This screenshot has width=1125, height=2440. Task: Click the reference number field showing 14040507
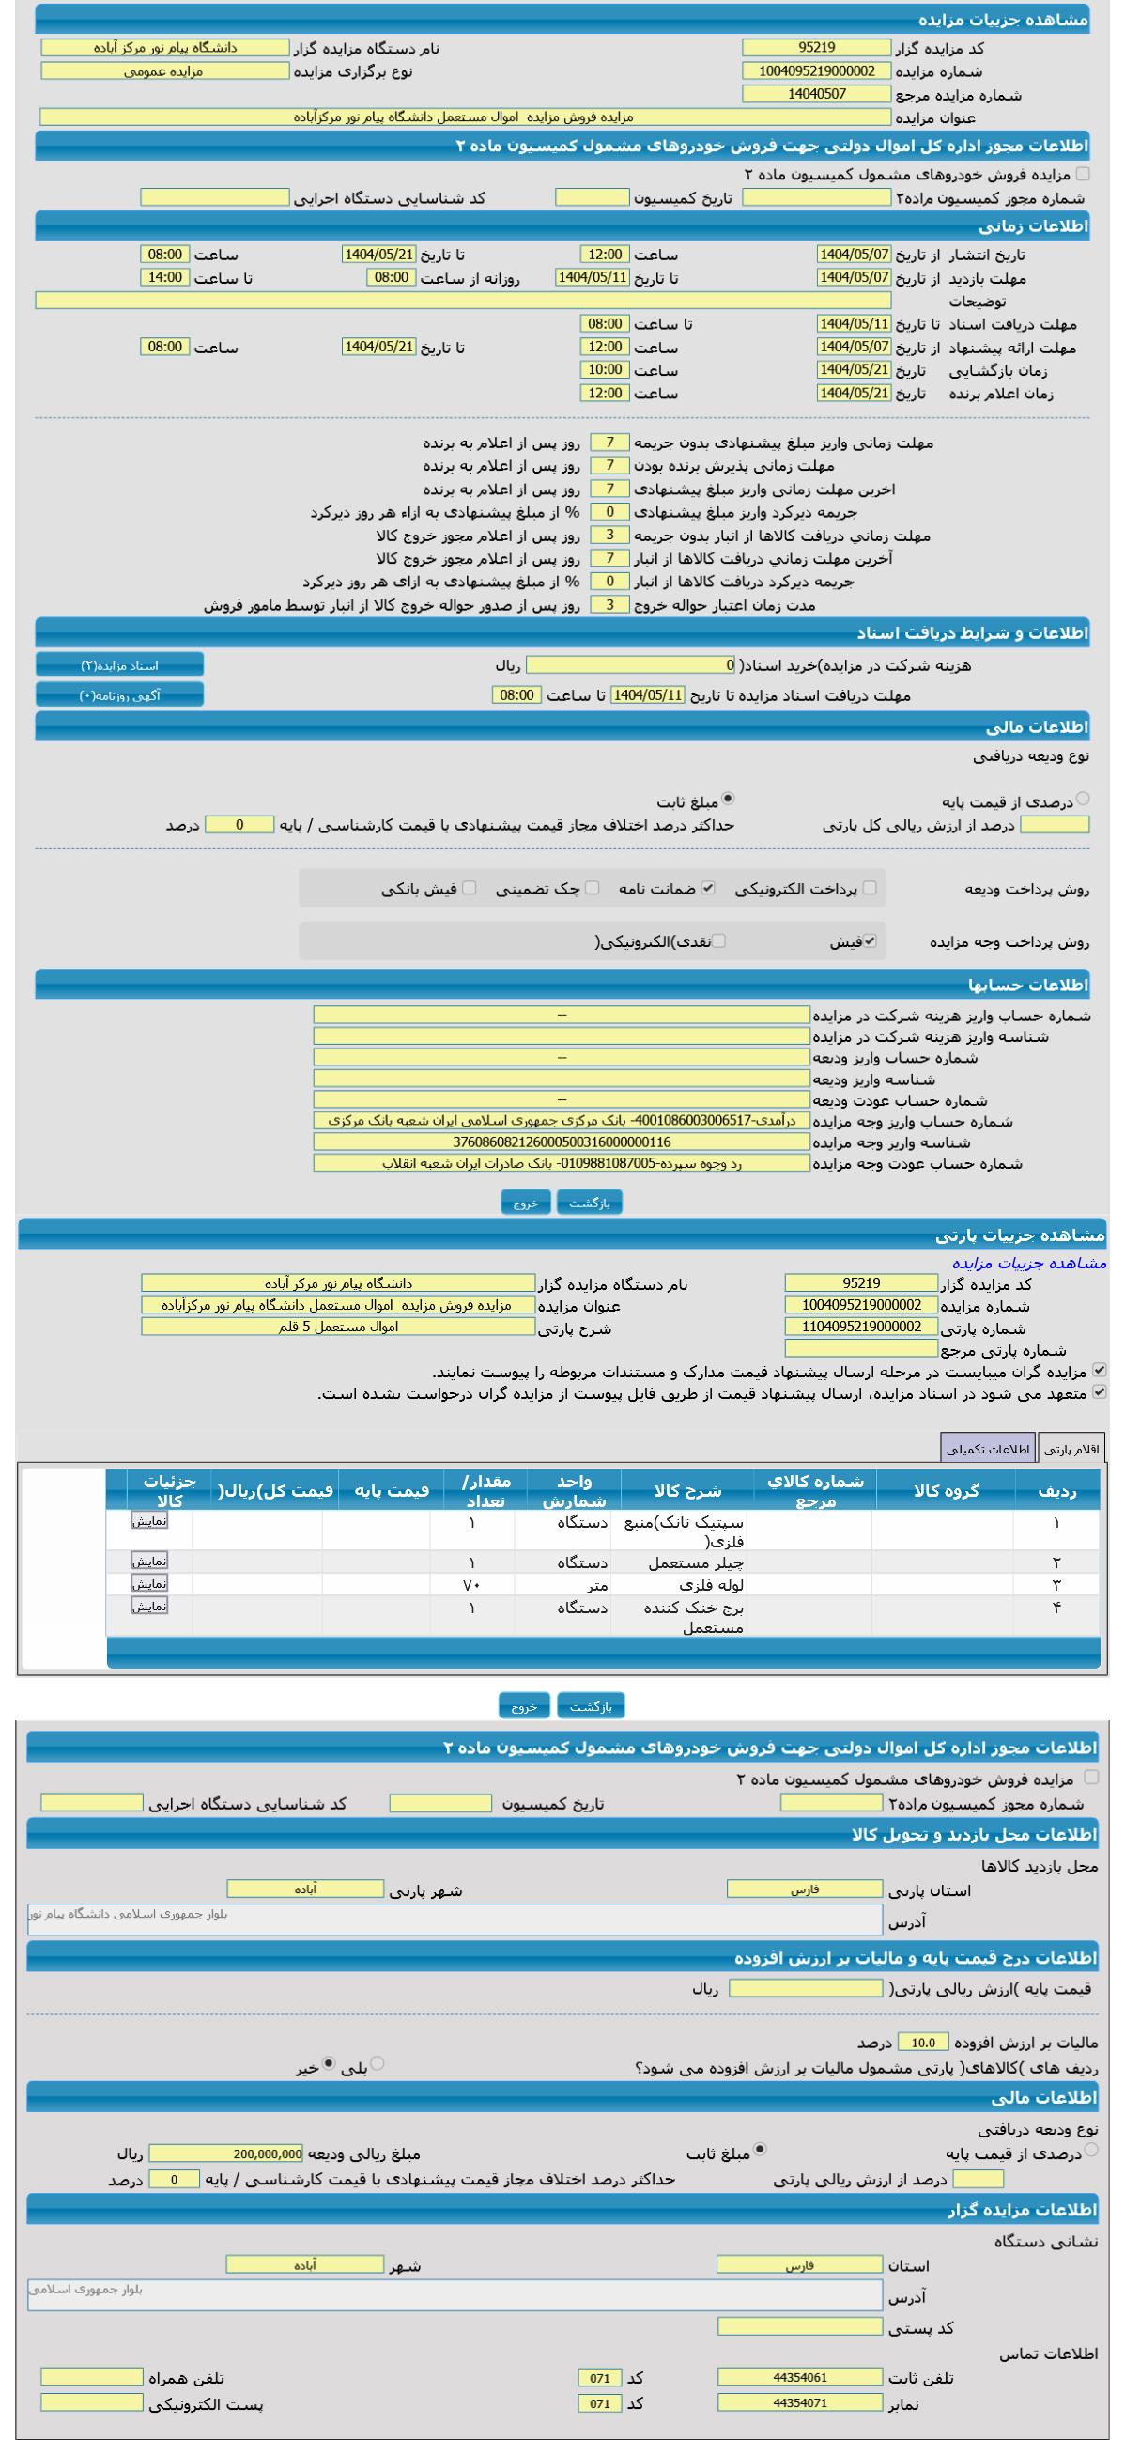tap(816, 94)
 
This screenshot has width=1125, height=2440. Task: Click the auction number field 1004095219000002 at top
tap(816, 71)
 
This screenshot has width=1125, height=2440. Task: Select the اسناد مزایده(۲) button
tap(119, 666)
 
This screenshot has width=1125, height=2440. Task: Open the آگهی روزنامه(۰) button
tap(119, 695)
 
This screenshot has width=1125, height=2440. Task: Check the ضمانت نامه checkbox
tap(707, 888)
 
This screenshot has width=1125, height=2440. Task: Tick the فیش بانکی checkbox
tap(470, 888)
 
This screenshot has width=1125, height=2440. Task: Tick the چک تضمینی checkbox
tap(592, 888)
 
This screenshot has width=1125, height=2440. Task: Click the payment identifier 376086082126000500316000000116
tap(562, 1142)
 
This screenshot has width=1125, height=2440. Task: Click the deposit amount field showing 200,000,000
tap(226, 2153)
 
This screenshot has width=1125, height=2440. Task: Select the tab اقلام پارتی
tap(1072, 1449)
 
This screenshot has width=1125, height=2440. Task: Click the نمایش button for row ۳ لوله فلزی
tap(149, 1583)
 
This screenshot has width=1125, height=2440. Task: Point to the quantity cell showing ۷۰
tap(471, 1585)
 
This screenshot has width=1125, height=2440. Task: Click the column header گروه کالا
tap(946, 1490)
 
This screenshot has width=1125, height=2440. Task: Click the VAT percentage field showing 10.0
tap(922, 2043)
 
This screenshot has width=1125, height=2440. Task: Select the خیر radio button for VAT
tap(329, 2062)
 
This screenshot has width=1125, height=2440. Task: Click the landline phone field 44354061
tap(799, 2376)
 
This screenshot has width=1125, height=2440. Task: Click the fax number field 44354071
tap(799, 2402)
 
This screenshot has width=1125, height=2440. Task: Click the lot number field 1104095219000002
tap(861, 1327)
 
